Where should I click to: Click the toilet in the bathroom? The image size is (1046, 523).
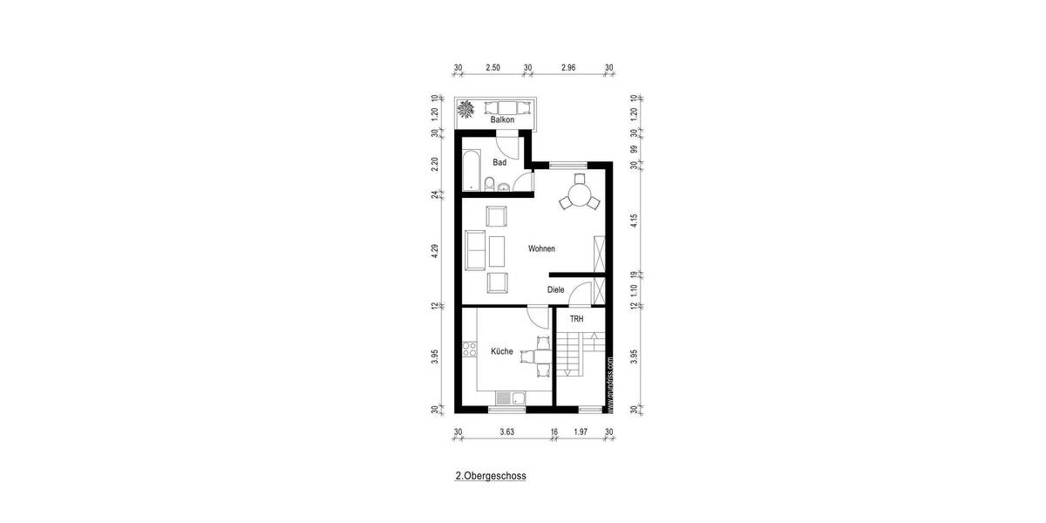coord(489,183)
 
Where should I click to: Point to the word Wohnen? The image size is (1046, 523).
coord(541,249)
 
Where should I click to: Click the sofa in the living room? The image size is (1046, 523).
coord(475,250)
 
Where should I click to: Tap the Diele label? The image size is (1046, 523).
coord(555,290)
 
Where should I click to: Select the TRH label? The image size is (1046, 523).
coord(576,320)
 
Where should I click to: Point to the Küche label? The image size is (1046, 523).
coord(501,351)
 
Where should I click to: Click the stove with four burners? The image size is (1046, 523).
coord(469,352)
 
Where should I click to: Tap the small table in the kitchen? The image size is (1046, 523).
coord(534,355)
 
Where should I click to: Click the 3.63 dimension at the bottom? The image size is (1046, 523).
coord(506,431)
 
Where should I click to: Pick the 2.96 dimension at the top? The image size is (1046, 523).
coord(568,67)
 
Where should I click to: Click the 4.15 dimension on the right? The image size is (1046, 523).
coord(634,222)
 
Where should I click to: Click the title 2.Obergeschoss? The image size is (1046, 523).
coord(491,477)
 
